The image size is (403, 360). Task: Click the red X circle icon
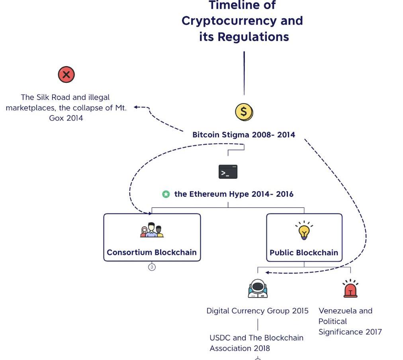pyautogui.click(x=66, y=74)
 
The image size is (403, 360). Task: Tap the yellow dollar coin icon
pyautogui.click(x=244, y=112)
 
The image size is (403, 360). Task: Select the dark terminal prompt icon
pyautogui.click(x=228, y=172)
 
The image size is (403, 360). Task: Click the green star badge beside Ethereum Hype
pyautogui.click(x=166, y=194)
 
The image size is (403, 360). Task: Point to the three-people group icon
pyautogui.click(x=152, y=230)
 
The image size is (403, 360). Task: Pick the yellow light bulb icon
pyautogui.click(x=304, y=231)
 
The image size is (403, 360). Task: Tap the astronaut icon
pyautogui.click(x=258, y=289)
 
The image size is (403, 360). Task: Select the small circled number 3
pyautogui.click(x=152, y=267)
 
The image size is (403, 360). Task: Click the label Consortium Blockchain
pyautogui.click(x=152, y=252)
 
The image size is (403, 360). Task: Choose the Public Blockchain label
pyautogui.click(x=304, y=252)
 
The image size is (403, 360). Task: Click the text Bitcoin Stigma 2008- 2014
pyautogui.click(x=244, y=135)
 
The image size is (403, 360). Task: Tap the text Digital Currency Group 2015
pyautogui.click(x=257, y=311)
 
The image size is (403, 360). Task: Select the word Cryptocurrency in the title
pyautogui.click(x=242, y=21)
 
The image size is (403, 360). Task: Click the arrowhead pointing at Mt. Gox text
pyautogui.click(x=136, y=107)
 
